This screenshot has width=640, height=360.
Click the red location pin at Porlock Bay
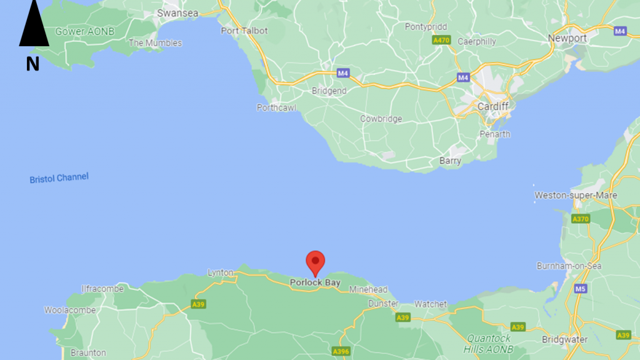point(316,262)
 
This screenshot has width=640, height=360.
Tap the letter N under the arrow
point(32,63)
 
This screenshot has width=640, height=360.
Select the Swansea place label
point(177,12)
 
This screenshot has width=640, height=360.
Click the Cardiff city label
point(492,107)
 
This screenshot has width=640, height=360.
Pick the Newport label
point(567,38)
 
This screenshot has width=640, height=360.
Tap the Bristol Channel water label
point(59,178)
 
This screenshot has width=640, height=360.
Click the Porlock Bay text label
point(315,283)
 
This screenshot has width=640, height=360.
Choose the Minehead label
point(368,290)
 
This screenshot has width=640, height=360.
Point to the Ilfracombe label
point(103,289)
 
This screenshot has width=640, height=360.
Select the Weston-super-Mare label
point(575,196)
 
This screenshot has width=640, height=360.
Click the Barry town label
point(450,161)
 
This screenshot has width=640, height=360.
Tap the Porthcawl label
point(276,107)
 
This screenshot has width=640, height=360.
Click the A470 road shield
point(441,40)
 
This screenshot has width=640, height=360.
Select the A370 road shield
point(581,219)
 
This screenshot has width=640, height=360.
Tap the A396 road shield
point(341,351)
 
